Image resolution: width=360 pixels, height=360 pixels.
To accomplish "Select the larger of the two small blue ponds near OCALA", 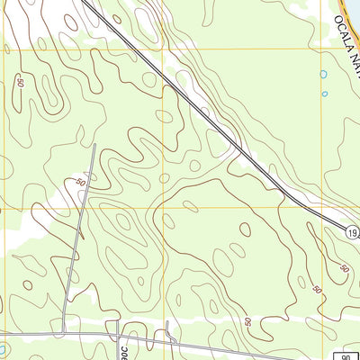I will (323, 75).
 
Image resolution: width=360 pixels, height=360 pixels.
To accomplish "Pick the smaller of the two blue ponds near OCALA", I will (323, 92).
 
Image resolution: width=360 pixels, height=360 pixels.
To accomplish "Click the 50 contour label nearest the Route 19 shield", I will (344, 267).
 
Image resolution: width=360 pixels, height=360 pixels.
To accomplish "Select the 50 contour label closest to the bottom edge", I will (247, 321).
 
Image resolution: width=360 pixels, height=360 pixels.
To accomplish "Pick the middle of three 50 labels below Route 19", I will (316, 289).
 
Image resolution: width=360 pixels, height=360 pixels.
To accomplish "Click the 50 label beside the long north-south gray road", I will (80, 183).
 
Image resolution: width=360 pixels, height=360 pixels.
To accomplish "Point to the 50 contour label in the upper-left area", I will (19, 83).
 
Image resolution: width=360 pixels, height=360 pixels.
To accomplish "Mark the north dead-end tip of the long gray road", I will (94, 144).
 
